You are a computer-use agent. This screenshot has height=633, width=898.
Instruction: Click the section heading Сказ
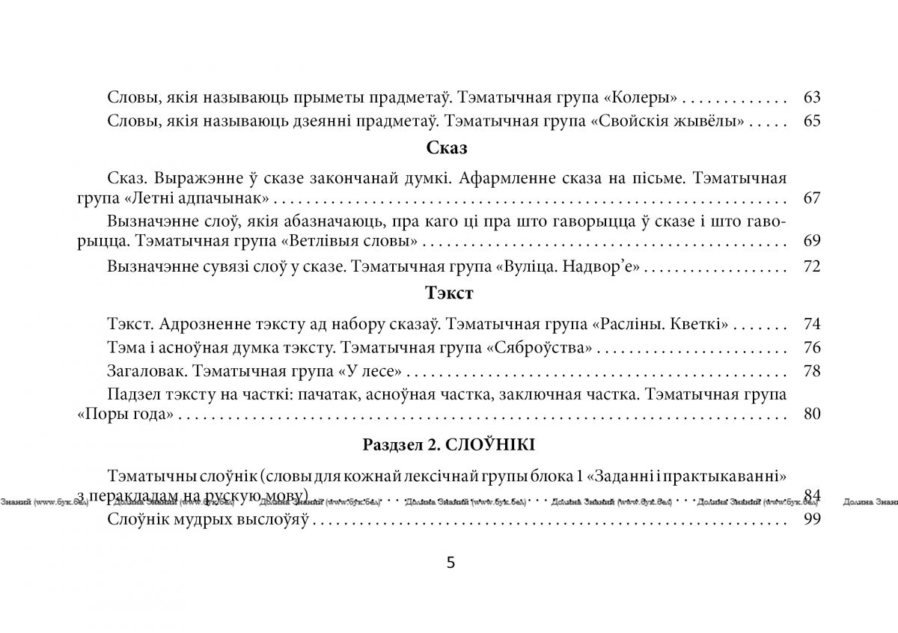[447, 148]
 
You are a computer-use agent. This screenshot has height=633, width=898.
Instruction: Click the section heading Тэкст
[448, 293]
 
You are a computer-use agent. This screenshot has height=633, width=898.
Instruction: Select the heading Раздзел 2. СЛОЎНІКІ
[448, 444]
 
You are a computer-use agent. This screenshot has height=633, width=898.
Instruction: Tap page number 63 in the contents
[811, 97]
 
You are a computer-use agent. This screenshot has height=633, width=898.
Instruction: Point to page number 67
[811, 198]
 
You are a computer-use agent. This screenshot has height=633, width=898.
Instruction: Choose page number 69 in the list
[811, 241]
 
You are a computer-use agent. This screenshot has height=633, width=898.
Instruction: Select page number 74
[811, 324]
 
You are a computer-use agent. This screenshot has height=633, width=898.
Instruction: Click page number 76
[811, 348]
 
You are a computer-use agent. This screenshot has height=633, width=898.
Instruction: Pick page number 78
[811, 371]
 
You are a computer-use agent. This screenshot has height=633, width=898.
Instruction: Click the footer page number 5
[450, 563]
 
